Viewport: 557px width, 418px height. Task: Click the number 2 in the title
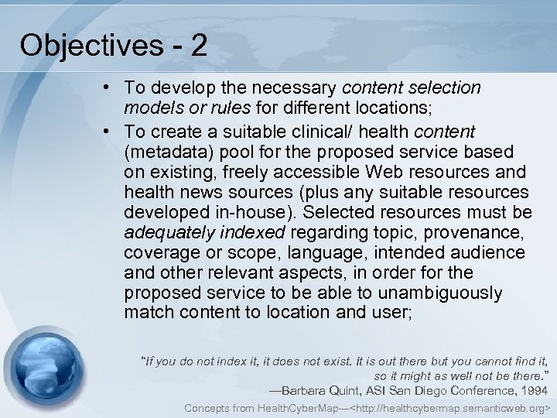(x=198, y=46)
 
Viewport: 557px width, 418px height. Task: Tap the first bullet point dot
(x=114, y=88)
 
